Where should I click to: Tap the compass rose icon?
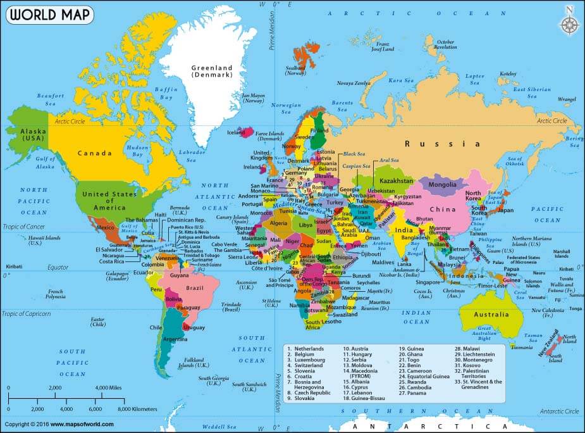[570, 23]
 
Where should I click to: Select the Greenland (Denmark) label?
[212, 71]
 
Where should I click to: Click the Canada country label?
[95, 153]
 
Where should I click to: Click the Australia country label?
[492, 315]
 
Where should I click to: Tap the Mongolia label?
[442, 185]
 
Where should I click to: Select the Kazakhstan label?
[397, 181]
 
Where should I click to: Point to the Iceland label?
[236, 132]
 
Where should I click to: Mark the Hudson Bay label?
[138, 151]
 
